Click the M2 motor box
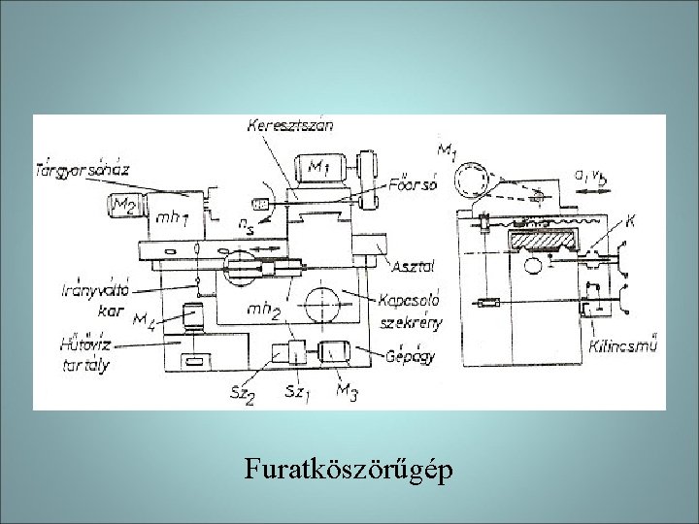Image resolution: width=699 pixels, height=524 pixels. [125, 205]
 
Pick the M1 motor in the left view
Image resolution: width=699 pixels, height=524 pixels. [321, 168]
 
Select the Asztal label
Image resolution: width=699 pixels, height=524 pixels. [413, 265]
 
